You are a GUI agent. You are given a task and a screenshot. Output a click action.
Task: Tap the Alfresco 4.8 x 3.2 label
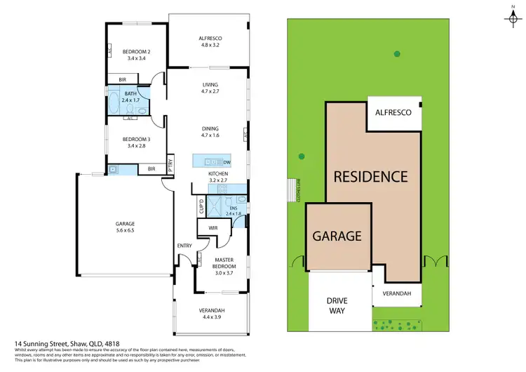210,42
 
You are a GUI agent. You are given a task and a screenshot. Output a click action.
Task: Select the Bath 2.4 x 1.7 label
131,97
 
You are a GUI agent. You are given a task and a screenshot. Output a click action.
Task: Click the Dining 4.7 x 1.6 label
210,132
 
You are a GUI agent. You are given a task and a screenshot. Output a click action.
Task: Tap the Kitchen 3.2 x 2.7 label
219,176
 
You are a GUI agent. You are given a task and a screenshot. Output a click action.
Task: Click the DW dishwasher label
227,162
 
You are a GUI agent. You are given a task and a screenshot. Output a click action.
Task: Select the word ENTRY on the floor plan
184,245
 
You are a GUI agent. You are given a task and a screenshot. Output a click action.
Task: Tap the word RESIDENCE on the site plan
370,176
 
